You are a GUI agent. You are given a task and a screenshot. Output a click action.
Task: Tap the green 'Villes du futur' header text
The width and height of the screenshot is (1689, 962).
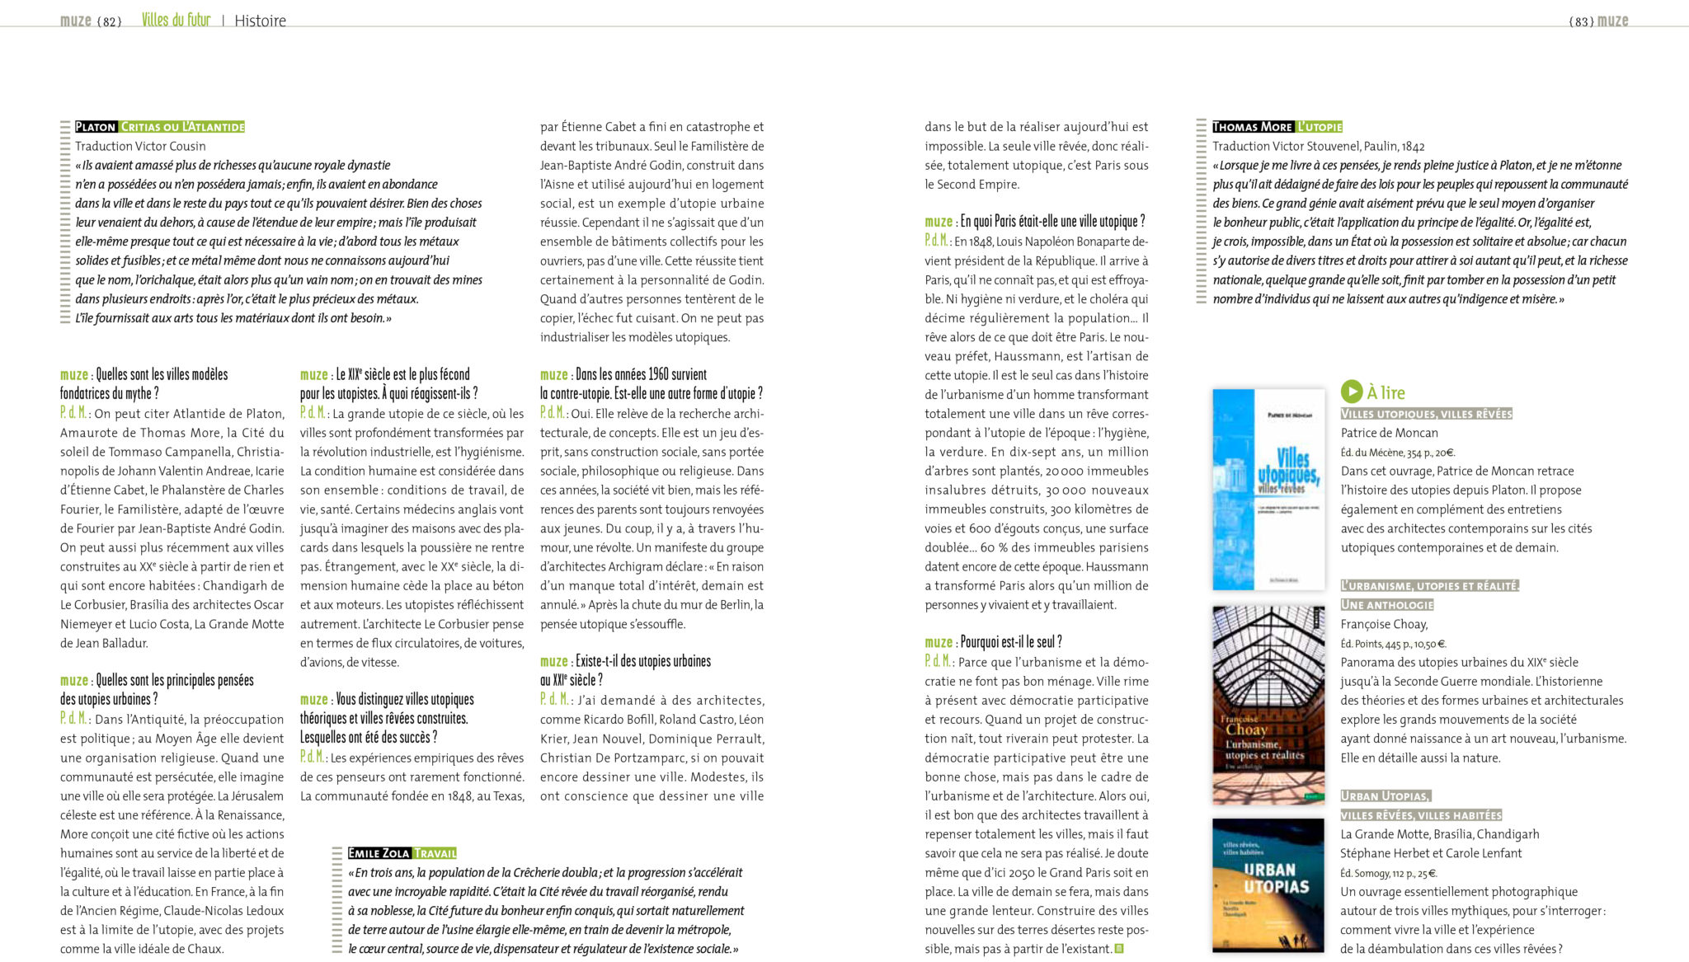176,20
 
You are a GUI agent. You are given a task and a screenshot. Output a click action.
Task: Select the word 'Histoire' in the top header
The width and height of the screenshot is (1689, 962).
260,21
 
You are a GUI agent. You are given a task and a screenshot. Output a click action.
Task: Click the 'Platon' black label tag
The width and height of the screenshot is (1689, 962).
96,127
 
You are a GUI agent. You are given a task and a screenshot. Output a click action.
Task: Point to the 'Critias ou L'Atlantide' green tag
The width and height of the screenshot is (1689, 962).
182,127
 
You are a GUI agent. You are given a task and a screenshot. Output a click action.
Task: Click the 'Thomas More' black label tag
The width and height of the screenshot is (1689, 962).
1252,127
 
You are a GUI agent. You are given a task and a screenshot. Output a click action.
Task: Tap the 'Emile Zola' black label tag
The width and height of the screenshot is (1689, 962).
379,853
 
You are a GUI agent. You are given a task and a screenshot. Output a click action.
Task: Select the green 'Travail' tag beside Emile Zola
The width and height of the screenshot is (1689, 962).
435,853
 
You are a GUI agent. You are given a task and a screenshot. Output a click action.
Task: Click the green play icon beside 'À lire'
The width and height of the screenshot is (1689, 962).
1351,392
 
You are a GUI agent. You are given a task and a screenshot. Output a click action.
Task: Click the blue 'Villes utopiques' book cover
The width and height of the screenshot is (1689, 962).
1268,490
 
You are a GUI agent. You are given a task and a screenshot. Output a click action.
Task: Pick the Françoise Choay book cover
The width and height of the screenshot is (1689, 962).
1268,705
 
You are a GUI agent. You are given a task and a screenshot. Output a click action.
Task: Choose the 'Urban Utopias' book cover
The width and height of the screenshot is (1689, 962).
1268,885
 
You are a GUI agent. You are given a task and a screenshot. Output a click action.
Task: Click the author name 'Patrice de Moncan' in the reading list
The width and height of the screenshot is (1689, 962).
1389,433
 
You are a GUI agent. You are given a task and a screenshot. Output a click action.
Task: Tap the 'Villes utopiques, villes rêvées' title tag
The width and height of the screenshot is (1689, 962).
1426,414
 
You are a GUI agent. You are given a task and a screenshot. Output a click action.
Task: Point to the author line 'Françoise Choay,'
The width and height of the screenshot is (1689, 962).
1384,624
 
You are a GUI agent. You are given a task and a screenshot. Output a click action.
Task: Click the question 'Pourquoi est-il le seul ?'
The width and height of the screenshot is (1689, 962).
1011,642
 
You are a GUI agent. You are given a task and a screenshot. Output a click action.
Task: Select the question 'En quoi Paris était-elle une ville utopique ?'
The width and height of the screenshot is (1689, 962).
1052,222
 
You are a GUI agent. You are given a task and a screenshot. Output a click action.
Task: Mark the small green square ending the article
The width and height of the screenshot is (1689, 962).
1119,949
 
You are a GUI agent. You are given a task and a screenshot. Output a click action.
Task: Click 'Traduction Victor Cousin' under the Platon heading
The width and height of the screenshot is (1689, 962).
140,146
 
